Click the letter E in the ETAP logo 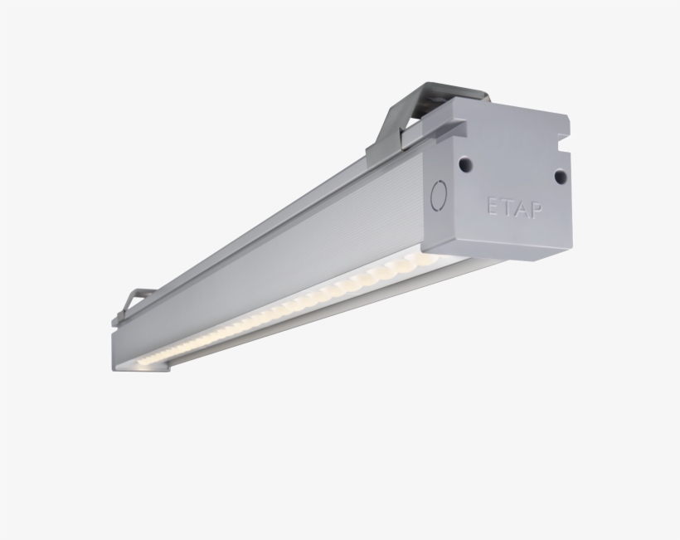click(x=494, y=207)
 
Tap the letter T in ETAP click(x=508, y=208)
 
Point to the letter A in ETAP click(x=522, y=210)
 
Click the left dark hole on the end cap click(x=465, y=163)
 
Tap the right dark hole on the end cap click(x=561, y=176)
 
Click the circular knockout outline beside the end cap click(x=439, y=195)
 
